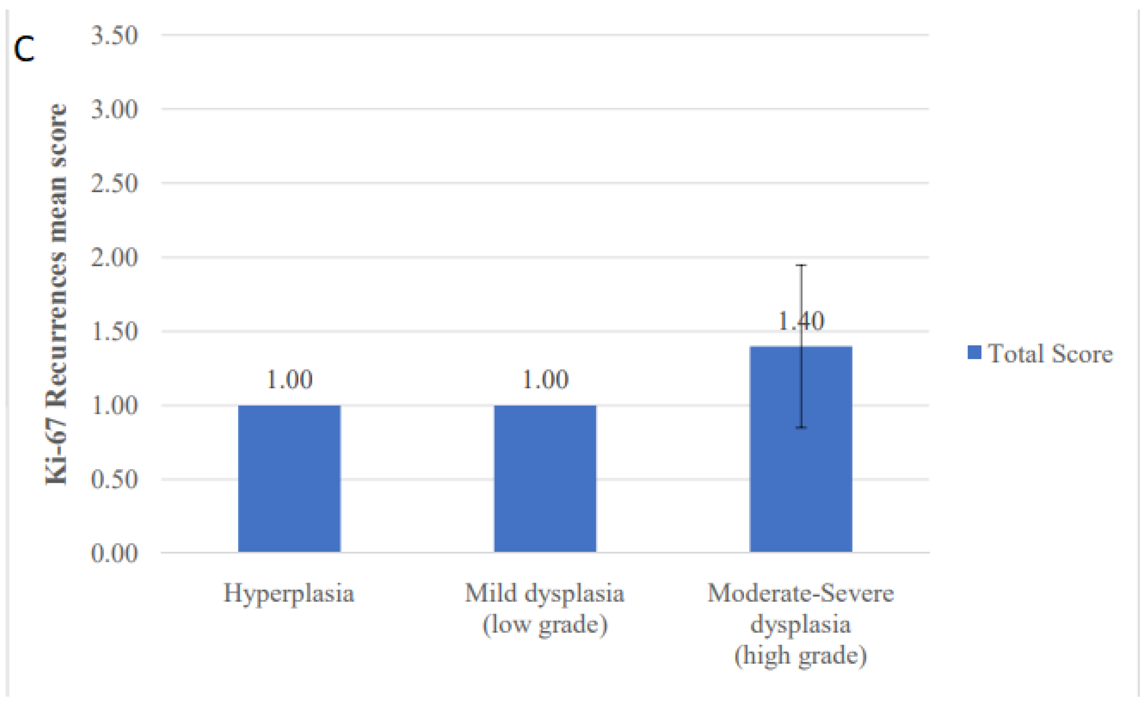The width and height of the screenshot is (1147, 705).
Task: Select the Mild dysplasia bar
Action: (x=545, y=479)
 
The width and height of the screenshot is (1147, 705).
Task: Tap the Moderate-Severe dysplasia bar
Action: (x=801, y=449)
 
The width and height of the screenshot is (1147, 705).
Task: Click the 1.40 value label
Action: (x=801, y=321)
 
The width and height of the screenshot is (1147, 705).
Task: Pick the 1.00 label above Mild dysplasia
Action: (x=545, y=379)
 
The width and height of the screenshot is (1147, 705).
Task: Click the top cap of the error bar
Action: (x=801, y=265)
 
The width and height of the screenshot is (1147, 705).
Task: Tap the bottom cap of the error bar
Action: (x=801, y=427)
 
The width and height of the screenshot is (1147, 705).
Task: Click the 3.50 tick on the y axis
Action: (x=114, y=35)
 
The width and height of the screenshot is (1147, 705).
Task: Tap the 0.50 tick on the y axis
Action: (x=114, y=480)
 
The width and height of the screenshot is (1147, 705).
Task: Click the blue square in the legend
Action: (x=975, y=352)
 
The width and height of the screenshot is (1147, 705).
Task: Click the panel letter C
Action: (x=24, y=50)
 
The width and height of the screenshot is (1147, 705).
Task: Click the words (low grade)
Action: (x=545, y=624)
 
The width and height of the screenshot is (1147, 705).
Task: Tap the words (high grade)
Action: (x=801, y=655)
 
